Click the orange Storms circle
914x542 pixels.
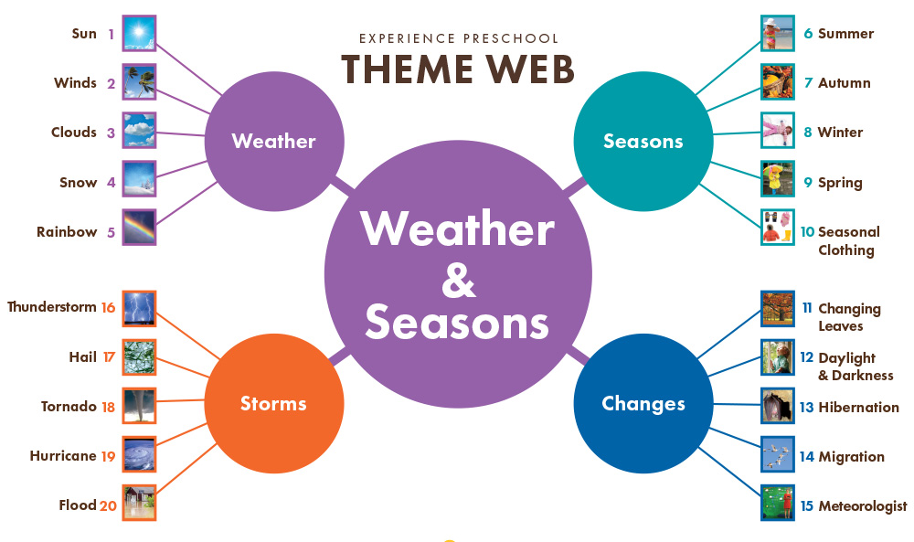[274, 403]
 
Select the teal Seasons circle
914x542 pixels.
[643, 141]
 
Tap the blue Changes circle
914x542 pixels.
[643, 403]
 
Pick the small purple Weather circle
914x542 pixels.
[274, 141]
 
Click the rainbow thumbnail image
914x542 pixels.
[139, 227]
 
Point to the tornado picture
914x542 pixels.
[139, 406]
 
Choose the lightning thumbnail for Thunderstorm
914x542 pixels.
[139, 308]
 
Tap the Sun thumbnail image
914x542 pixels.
[139, 33]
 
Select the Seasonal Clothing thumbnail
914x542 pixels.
[778, 227]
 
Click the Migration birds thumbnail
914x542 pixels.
[778, 454]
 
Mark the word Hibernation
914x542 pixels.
[858, 407]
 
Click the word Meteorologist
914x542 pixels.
[863, 506]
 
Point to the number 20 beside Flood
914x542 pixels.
[108, 505]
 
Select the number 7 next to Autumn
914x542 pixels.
[809, 83]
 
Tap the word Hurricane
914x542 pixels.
[63, 456]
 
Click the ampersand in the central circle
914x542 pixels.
[458, 279]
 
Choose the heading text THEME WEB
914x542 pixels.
[458, 69]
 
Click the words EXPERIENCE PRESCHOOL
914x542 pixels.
[459, 38]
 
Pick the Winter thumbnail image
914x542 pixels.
[778, 130]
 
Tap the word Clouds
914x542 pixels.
[74, 133]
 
